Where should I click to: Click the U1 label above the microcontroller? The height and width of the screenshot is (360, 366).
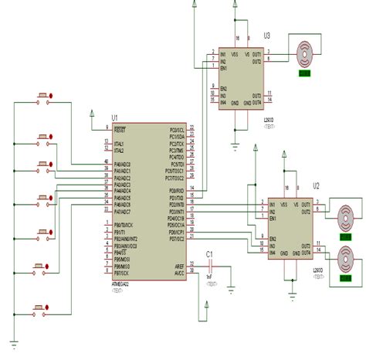point(114,118)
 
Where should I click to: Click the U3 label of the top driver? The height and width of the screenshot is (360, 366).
point(266,35)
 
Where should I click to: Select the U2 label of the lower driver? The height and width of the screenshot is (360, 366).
point(316,185)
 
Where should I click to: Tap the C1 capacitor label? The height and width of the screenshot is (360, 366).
point(209,253)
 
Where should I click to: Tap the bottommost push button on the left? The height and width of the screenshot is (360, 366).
point(41,309)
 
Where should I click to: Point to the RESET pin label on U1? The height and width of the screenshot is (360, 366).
point(120,130)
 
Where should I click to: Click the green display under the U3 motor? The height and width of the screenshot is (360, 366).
point(305,74)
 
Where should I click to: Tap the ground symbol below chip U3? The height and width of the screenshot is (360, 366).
point(235,142)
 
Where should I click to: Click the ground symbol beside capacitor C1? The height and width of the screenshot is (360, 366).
point(231,290)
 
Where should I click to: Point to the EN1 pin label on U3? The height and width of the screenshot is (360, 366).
point(224,69)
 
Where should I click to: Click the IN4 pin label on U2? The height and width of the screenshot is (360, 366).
point(273,252)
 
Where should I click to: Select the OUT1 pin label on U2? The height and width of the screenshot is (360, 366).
point(306,204)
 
